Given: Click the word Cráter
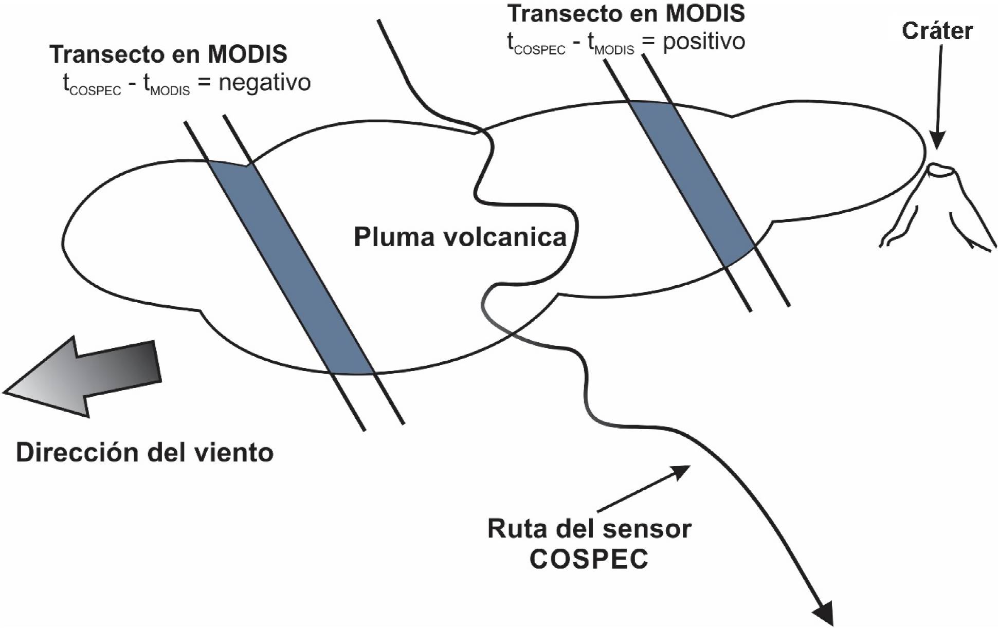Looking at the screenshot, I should [x=937, y=31].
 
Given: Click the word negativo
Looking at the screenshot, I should [x=264, y=82].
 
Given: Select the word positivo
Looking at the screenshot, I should [x=703, y=41].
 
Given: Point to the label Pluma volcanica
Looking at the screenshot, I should [x=460, y=237].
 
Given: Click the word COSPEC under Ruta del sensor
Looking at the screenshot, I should [x=589, y=559].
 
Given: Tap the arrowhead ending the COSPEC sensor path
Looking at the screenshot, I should [x=824, y=614].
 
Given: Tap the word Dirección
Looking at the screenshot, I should [x=76, y=453].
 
